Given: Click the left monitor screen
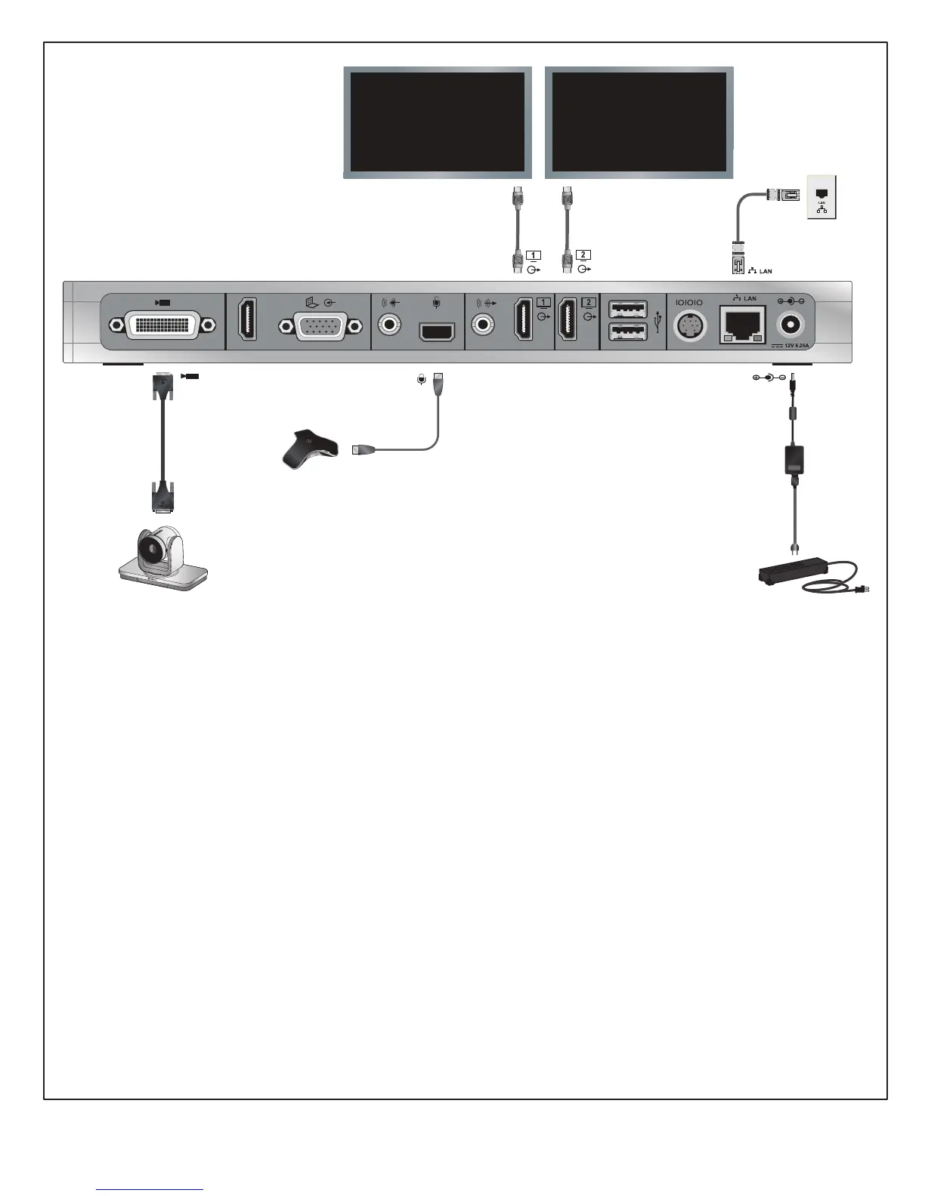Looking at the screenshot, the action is click(x=438, y=122).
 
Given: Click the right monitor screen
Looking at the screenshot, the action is click(x=639, y=122).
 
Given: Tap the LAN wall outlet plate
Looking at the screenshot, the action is click(x=821, y=196).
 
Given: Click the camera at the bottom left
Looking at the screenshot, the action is click(x=162, y=557).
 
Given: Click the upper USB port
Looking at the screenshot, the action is click(x=627, y=310).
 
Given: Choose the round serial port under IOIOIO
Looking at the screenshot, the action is click(x=688, y=325).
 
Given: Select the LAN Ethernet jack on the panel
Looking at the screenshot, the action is click(x=743, y=325).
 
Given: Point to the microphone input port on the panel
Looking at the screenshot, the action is click(x=437, y=332).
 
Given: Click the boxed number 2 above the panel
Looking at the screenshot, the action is click(x=583, y=255).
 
